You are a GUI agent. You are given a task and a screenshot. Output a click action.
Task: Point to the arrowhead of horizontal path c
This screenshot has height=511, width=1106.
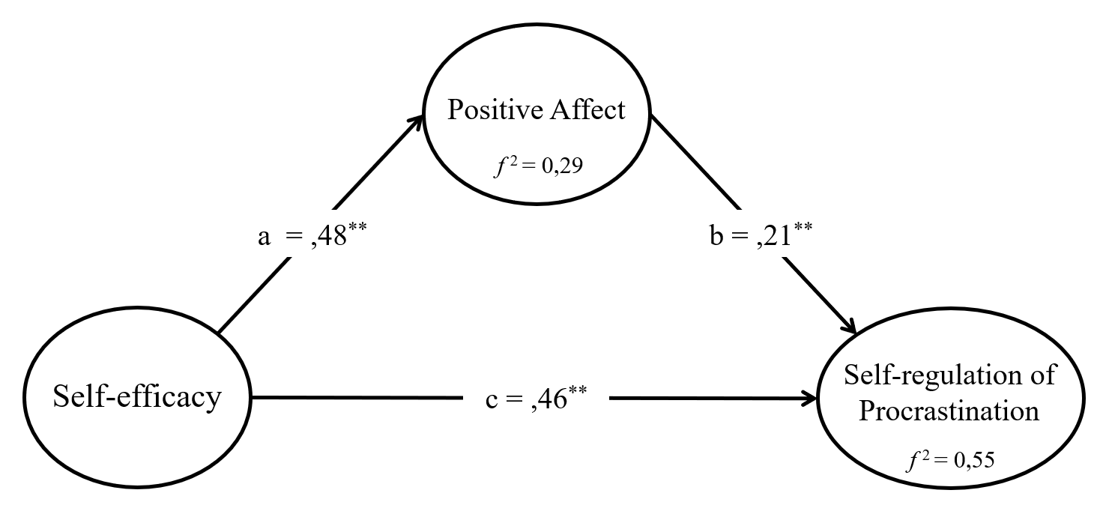810,398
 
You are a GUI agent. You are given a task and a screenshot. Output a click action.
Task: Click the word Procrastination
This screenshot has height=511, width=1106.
949,411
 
